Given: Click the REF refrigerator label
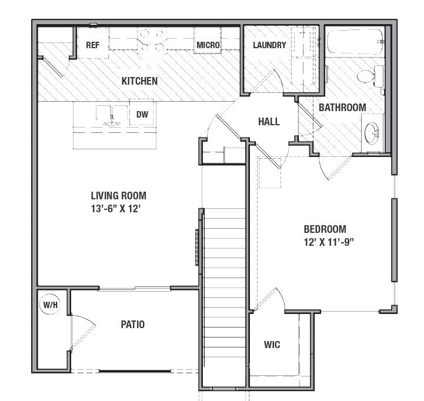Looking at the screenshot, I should (92, 45).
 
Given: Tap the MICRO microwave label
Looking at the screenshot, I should (208, 45).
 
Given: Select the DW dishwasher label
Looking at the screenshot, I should (142, 115).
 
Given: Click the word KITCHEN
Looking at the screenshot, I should (139, 81).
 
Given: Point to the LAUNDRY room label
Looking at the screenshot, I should (269, 45).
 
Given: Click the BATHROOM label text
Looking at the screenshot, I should (342, 108).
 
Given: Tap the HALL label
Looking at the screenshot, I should (269, 122).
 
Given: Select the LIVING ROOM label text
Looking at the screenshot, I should (118, 196).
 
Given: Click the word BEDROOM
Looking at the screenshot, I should (325, 229).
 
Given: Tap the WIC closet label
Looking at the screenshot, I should (272, 345).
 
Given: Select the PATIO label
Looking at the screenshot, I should (133, 324).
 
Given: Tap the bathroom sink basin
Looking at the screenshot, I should (372, 133).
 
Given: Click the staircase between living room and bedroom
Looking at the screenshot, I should (223, 294).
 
